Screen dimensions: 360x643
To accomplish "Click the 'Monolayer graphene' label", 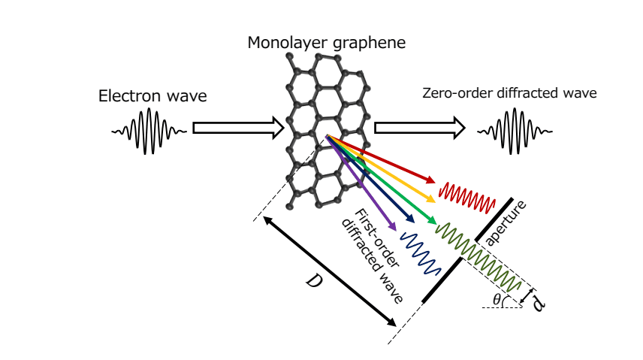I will tap(326, 43).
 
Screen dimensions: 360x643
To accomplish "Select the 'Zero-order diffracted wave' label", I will tap(510, 93).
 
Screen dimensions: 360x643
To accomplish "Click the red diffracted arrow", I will tap(391, 163).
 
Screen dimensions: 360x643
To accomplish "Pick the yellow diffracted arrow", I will tap(387, 172).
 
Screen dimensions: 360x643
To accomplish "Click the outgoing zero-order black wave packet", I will tap(515, 129).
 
